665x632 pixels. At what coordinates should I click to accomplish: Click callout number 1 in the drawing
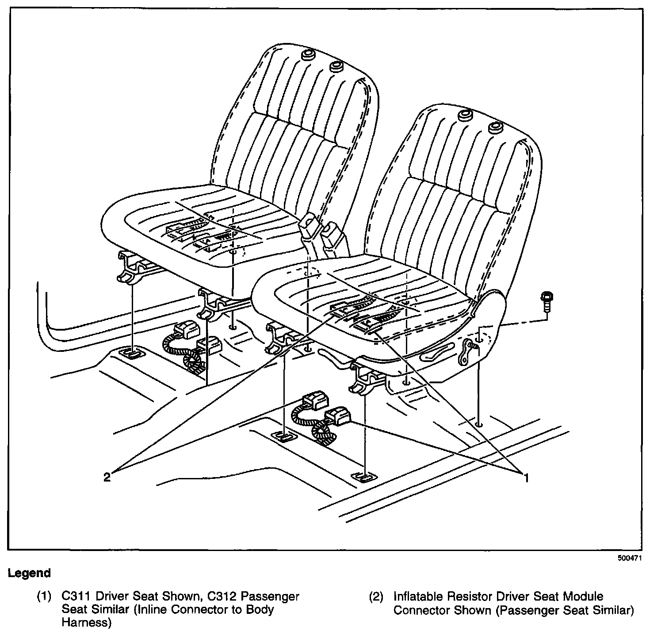pyautogui.click(x=526, y=478)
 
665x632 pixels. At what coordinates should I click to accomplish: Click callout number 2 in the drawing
pyautogui.click(x=107, y=477)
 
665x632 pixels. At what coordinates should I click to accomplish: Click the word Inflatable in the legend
pyautogui.click(x=418, y=596)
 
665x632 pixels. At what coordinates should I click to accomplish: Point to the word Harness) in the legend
pyautogui.click(x=87, y=623)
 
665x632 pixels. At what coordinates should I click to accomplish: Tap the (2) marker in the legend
pyautogui.click(x=376, y=597)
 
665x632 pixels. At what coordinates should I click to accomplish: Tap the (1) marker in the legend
pyautogui.click(x=44, y=597)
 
